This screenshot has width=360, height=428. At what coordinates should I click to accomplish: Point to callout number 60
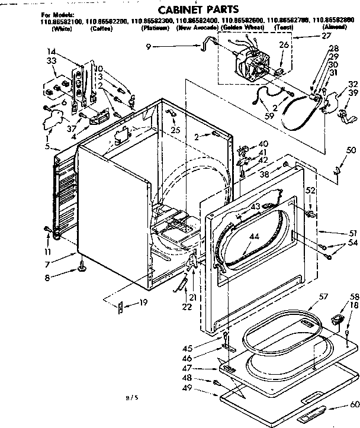[x=354, y=406]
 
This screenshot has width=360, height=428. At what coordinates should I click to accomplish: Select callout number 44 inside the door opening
[x=270, y=236]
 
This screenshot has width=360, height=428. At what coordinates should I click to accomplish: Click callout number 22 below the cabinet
[x=187, y=307]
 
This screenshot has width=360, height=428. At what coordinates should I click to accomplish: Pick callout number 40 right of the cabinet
[x=263, y=144]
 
